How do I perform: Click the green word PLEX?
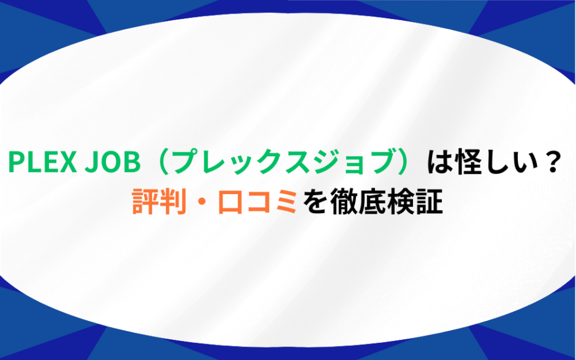[42, 162]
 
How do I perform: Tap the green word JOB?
[113, 162]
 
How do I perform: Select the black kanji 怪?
[468, 162]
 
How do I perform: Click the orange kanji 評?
[145, 201]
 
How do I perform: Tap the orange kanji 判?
[173, 201]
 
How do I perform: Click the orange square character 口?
[230, 202]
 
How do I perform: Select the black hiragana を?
[315, 201]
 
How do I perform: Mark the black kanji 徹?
[344, 201]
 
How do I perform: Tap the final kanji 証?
[429, 201]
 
